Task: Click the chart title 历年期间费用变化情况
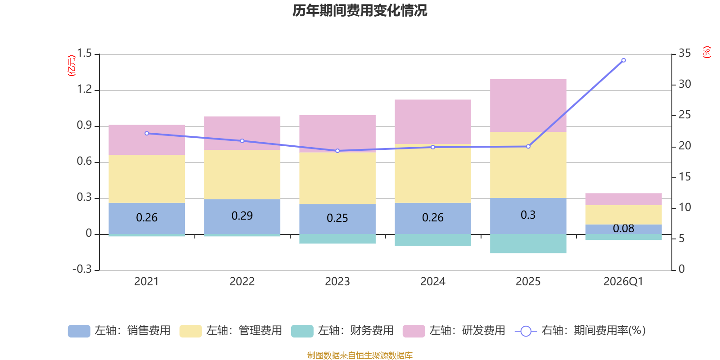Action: [x=360, y=10]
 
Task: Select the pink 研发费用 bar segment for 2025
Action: [x=528, y=106]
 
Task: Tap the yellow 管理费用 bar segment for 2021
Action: [x=147, y=179]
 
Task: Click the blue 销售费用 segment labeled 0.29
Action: [x=242, y=216]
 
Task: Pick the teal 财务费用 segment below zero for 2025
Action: [x=528, y=243]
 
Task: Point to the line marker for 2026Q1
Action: [x=623, y=60]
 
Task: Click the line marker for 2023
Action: [x=337, y=151]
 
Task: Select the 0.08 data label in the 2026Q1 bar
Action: [x=623, y=229]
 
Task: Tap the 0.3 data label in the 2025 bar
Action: [x=528, y=215]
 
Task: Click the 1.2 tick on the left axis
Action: [x=84, y=90]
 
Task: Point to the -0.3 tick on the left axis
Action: [x=82, y=269]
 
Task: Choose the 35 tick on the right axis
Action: [x=684, y=54]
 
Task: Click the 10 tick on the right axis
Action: [x=684, y=207]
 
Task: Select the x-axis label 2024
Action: [x=432, y=282]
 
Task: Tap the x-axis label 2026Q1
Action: [x=623, y=282]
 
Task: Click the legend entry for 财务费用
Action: [x=343, y=331]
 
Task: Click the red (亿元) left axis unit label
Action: [x=72, y=66]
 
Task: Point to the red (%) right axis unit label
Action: [x=706, y=52]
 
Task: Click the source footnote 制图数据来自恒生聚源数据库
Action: [x=360, y=355]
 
